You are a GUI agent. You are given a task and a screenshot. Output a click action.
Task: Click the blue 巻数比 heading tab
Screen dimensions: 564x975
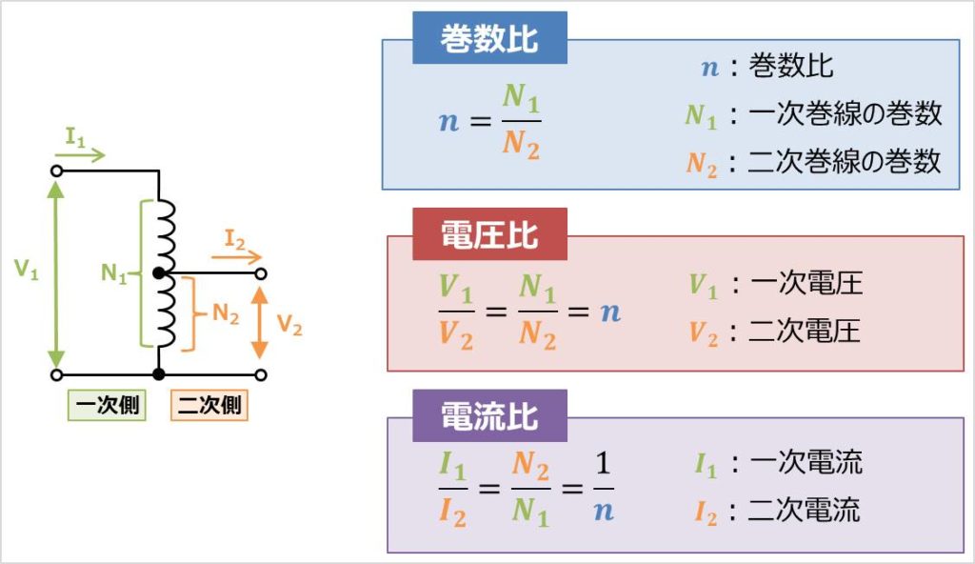(x=489, y=41)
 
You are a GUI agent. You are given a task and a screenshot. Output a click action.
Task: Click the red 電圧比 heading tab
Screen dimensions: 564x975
(x=489, y=235)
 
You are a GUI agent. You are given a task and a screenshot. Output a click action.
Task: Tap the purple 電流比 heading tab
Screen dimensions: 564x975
(x=489, y=416)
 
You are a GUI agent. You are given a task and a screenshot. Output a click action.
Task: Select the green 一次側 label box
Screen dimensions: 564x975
(x=107, y=405)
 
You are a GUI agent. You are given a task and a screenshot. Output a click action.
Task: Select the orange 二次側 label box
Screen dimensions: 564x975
(x=209, y=405)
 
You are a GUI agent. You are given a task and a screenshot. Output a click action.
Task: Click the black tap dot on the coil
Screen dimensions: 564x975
(x=160, y=274)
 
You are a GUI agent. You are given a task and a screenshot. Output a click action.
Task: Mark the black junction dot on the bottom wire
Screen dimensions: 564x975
(x=159, y=374)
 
